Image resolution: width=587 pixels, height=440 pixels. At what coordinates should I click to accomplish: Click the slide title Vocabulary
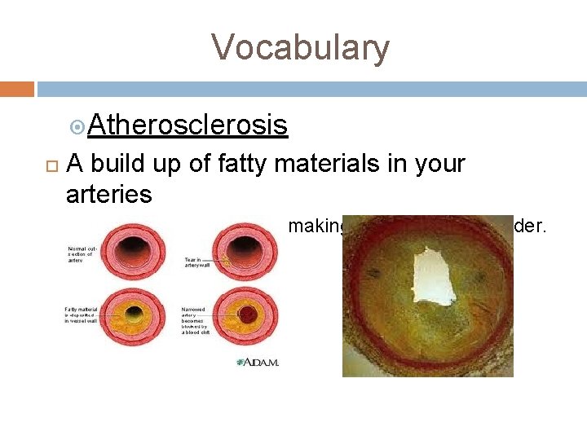click(301, 48)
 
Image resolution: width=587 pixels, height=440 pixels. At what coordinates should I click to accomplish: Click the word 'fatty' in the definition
click(244, 164)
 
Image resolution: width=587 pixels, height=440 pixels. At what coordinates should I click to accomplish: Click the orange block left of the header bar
click(17, 89)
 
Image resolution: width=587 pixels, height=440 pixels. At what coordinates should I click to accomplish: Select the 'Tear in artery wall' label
click(199, 263)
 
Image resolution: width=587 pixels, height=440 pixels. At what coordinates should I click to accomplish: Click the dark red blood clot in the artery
click(245, 315)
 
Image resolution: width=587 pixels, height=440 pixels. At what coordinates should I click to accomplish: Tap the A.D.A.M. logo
click(258, 362)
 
